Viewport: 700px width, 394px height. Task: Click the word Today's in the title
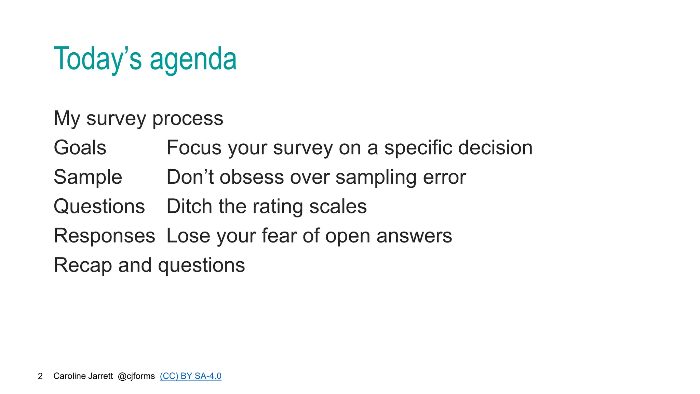click(x=97, y=59)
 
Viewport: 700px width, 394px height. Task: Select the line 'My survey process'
click(x=138, y=118)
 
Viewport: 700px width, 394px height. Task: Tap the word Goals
click(x=80, y=148)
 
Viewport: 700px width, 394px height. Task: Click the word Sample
click(x=88, y=177)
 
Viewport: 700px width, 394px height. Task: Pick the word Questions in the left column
click(x=99, y=207)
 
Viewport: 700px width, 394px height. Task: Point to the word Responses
click(x=104, y=236)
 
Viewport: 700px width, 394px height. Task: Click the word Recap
click(x=83, y=265)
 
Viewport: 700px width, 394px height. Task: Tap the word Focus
click(x=194, y=148)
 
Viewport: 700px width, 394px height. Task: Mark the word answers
click(x=414, y=236)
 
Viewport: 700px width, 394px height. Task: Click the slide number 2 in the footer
click(x=40, y=376)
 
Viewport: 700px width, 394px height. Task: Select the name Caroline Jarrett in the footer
click(x=83, y=376)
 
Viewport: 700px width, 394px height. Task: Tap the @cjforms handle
click(x=136, y=376)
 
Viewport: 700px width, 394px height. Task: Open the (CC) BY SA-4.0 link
click(x=190, y=376)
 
